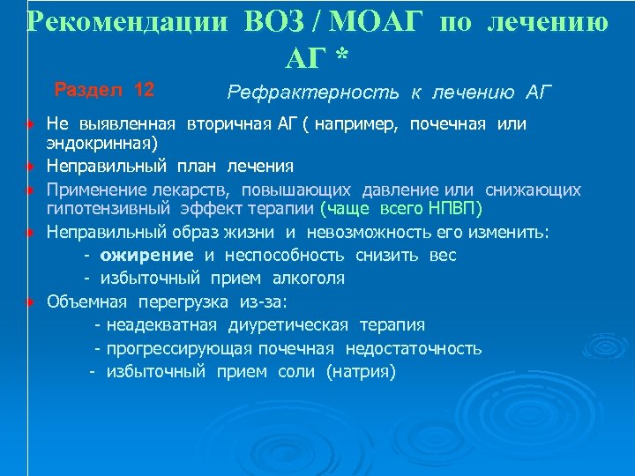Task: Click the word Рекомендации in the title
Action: coord(130,21)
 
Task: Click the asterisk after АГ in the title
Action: coord(342,56)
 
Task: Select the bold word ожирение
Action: coord(146,256)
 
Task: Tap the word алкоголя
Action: coord(308,279)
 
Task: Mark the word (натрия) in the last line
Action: coord(361,371)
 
